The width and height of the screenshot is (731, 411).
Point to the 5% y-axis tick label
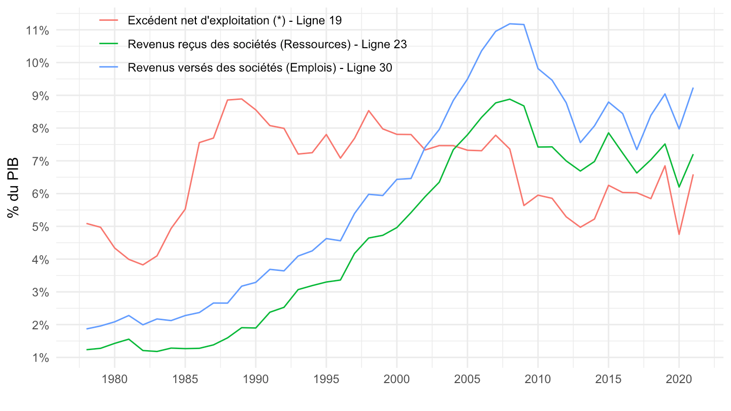[39, 227]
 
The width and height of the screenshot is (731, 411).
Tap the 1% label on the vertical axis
[39, 358]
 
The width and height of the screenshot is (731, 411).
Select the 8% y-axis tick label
[39, 128]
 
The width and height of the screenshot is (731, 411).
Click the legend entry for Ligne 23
[267, 44]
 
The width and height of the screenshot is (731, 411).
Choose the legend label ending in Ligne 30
[260, 67]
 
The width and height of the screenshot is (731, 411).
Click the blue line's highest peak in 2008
[509, 24]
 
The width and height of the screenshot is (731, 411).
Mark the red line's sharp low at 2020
[679, 234]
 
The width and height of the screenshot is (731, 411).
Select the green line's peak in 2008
[509, 99]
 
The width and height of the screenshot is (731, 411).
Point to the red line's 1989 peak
[241, 99]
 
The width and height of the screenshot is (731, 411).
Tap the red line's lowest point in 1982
[143, 265]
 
